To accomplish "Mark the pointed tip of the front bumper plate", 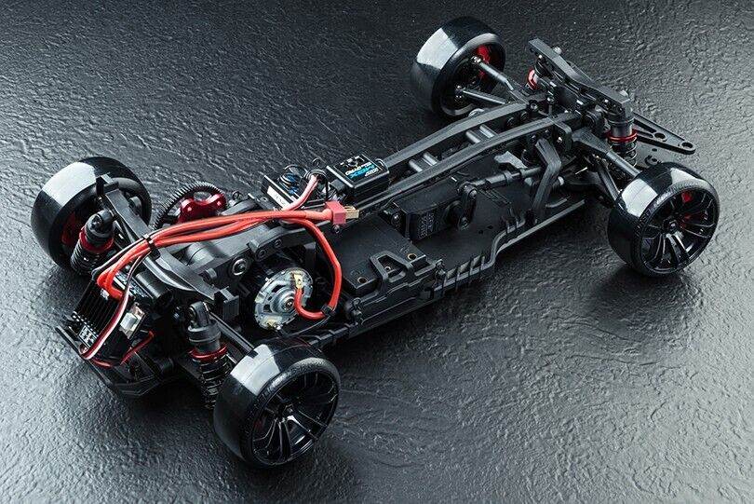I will pos(689,147).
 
